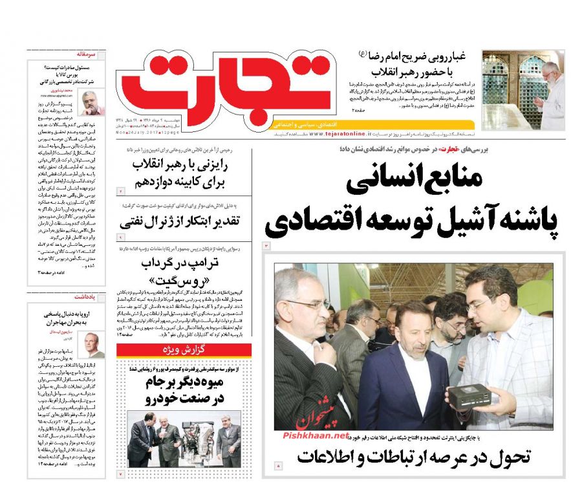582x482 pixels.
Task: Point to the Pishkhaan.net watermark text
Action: pyautogui.click(x=316, y=435)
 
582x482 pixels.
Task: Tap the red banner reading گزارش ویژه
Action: pyautogui.click(x=184, y=351)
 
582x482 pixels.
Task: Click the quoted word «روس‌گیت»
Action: pyautogui.click(x=187, y=283)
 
